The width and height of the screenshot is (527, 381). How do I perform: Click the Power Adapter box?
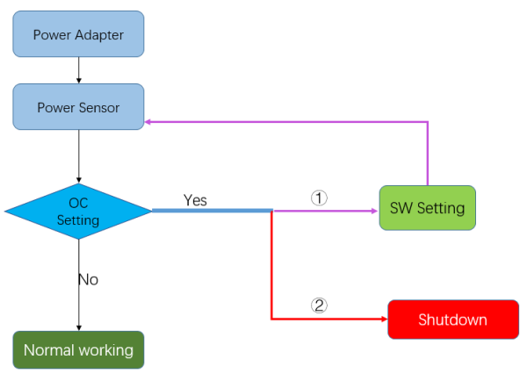coord(78,34)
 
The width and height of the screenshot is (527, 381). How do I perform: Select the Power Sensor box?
coord(78,107)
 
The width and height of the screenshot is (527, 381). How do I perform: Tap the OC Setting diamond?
coord(78,211)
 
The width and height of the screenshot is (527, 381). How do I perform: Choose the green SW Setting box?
coord(427,208)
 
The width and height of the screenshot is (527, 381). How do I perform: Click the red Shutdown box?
coord(452,320)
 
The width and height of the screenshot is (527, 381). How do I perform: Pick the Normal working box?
coord(78,349)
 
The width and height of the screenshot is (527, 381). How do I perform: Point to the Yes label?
coord(195,200)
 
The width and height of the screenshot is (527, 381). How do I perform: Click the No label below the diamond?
coord(88,279)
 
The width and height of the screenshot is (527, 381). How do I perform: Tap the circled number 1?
coord(320,198)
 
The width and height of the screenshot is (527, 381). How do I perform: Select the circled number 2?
coord(320,306)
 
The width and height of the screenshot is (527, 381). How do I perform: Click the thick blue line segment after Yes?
coord(212,211)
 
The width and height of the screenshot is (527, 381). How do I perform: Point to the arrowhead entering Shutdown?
coord(384,320)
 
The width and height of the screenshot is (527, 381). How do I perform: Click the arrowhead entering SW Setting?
coord(375,211)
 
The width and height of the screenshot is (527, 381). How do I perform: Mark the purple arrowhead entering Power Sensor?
coord(149,122)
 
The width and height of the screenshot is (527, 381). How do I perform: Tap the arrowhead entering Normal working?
coord(79,327)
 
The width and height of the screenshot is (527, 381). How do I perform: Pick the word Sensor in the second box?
coord(100,107)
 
